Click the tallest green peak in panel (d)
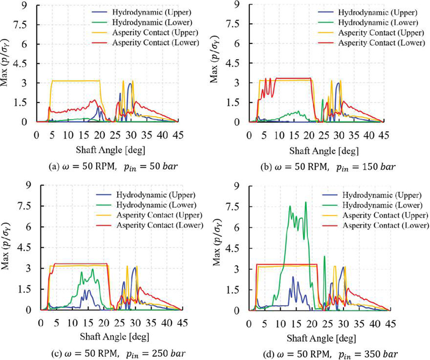tap(305, 203)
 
